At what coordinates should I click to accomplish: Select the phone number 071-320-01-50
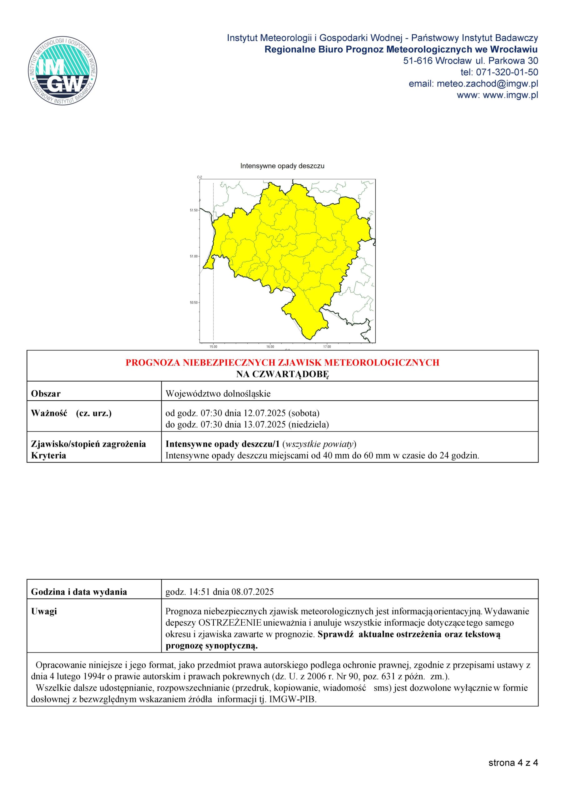point(507,72)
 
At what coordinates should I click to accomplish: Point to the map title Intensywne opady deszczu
point(282,166)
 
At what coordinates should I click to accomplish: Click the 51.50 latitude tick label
point(194,210)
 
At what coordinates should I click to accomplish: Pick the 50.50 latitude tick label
point(194,302)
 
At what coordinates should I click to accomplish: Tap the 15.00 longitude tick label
point(213,347)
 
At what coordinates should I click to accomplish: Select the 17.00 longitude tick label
point(327,347)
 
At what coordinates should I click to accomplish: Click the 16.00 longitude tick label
point(270,347)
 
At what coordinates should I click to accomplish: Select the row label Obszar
point(46,394)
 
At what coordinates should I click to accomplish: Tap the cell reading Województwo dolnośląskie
point(218,394)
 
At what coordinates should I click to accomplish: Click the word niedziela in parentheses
point(309,425)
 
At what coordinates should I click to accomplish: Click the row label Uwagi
point(44,612)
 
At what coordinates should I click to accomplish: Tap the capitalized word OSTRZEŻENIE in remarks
point(230,622)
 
